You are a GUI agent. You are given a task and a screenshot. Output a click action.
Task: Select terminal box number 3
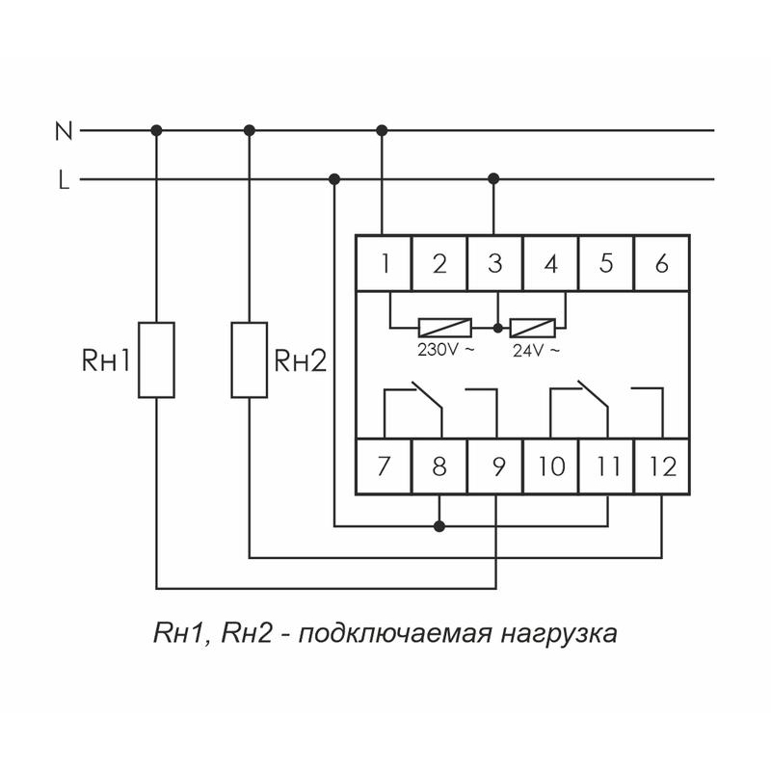click(495, 262)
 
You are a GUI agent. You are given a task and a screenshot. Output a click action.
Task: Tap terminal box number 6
click(661, 262)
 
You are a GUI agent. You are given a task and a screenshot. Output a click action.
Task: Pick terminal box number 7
click(384, 467)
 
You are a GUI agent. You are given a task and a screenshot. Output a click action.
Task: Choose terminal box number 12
click(662, 467)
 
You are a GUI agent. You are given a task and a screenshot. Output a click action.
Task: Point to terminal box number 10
click(550, 467)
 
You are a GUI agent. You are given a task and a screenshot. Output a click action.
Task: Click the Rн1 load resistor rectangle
click(156, 359)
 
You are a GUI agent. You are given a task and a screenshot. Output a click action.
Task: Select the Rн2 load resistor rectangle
click(250, 359)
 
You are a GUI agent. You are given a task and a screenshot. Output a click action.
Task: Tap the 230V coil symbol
click(445, 326)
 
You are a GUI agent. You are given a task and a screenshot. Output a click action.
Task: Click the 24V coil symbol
click(533, 326)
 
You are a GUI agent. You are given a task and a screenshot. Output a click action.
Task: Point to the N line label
click(64, 130)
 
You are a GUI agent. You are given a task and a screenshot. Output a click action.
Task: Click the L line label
click(64, 179)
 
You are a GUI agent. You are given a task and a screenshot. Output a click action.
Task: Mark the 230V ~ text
click(445, 350)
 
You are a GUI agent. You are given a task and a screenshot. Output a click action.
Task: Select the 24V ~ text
click(534, 350)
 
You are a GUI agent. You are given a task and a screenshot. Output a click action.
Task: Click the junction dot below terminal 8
click(439, 526)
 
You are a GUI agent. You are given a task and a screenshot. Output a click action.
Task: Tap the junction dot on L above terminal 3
click(494, 178)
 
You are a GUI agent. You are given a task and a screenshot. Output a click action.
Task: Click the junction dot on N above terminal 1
click(383, 129)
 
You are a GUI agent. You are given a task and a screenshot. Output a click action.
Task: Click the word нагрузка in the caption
click(557, 635)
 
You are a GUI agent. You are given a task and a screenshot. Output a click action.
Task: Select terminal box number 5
click(606, 262)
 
